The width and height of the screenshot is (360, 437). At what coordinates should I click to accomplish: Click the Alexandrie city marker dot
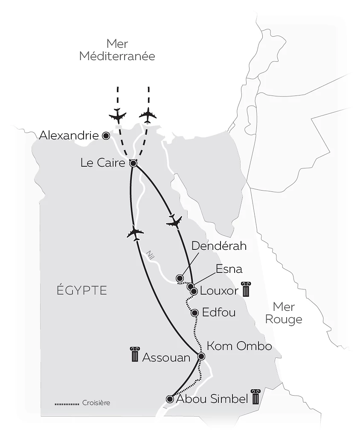(x=106, y=136)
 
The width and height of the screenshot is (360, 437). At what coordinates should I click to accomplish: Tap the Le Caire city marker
(x=133, y=163)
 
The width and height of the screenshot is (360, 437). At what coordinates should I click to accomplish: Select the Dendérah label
(x=219, y=246)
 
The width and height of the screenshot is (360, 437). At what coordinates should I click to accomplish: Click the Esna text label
(x=229, y=269)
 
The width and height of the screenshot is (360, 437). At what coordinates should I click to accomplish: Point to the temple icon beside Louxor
(x=245, y=289)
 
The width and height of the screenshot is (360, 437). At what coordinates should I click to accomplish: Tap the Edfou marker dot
(x=195, y=313)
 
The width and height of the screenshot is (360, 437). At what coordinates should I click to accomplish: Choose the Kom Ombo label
(x=239, y=346)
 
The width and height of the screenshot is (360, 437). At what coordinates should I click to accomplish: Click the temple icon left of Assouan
(x=135, y=355)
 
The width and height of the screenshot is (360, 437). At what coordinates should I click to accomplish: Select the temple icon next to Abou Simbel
(x=255, y=397)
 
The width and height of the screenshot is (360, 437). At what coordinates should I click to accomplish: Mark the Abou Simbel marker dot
(x=170, y=399)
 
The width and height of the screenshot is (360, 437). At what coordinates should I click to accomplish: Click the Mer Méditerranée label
(x=117, y=50)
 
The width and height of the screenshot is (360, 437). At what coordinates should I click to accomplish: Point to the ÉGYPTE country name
(x=81, y=291)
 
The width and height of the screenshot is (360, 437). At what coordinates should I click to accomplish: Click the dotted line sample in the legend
(x=67, y=403)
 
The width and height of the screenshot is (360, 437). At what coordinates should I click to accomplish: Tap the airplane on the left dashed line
(x=118, y=116)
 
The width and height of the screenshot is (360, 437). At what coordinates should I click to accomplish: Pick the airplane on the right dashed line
(x=148, y=115)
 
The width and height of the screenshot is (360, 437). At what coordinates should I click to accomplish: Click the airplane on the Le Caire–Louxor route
(x=174, y=222)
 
